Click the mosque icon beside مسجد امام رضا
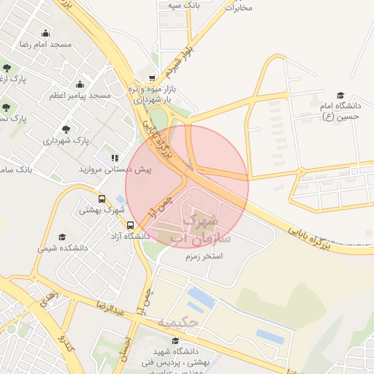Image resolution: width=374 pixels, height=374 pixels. (46, 33)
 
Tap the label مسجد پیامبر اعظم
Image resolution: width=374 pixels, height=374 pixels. (80, 96)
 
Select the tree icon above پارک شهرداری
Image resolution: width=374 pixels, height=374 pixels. (66, 129)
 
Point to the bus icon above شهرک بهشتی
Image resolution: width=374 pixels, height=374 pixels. (102, 199)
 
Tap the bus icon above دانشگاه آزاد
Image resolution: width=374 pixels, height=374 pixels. (130, 225)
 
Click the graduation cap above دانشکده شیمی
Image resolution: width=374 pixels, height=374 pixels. (62, 237)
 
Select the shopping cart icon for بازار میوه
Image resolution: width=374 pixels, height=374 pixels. (151, 78)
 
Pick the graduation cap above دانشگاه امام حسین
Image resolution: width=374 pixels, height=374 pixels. (340, 95)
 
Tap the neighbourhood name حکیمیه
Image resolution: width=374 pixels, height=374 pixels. (178, 321)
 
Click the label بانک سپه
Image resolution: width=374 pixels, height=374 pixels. (183, 5)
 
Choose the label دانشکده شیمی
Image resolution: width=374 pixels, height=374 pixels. (63, 248)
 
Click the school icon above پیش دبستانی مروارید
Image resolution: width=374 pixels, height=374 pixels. (114, 157)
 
